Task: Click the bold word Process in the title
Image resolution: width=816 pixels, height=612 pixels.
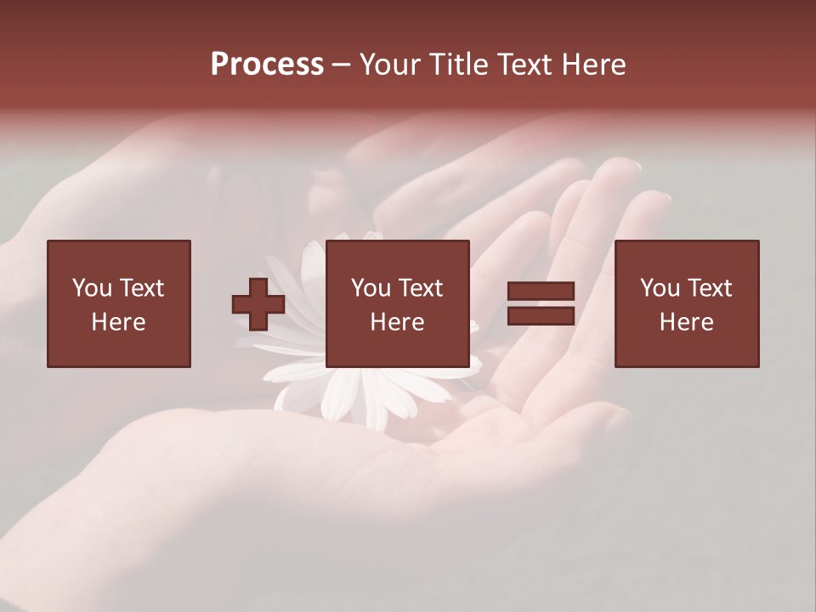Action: (267, 65)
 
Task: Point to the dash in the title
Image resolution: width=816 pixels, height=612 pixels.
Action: (342, 65)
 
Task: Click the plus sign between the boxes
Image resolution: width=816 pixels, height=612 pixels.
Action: (258, 304)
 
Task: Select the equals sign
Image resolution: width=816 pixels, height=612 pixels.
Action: (541, 304)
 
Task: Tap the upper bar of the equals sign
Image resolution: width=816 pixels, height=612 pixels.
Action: (541, 292)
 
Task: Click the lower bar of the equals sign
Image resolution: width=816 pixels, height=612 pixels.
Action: (541, 316)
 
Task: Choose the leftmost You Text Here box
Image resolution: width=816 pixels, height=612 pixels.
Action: (119, 303)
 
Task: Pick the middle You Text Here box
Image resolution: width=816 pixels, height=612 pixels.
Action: (397, 303)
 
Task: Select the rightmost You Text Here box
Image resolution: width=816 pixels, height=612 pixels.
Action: (686, 303)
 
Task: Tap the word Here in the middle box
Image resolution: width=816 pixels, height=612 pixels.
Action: (397, 322)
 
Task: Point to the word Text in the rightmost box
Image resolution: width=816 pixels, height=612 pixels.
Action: (709, 288)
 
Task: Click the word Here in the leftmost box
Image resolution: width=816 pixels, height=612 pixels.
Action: (119, 322)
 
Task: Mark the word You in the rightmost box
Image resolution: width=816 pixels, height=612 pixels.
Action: (660, 288)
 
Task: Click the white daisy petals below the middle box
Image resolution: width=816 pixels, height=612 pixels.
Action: (374, 395)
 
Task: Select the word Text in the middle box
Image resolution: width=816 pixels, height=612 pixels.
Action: (420, 288)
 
